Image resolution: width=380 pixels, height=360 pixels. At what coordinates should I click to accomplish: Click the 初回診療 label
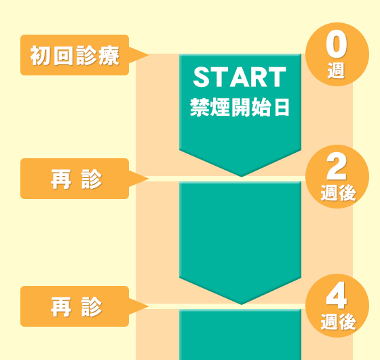click(x=75, y=56)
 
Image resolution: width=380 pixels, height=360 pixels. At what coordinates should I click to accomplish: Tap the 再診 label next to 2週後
click(x=76, y=179)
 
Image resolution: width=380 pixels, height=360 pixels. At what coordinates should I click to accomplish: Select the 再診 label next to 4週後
click(x=76, y=307)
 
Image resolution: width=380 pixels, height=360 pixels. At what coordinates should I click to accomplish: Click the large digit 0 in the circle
click(x=337, y=46)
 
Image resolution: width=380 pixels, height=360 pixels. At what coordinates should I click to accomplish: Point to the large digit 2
click(x=337, y=167)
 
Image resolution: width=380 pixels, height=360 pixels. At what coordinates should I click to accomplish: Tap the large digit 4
click(x=337, y=295)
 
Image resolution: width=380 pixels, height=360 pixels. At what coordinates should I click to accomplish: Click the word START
click(x=240, y=77)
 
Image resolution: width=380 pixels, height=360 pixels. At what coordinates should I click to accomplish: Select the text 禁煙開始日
click(x=240, y=107)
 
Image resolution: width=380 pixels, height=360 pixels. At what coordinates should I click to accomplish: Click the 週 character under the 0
click(x=336, y=71)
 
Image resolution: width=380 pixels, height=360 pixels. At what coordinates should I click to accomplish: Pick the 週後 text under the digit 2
click(x=339, y=193)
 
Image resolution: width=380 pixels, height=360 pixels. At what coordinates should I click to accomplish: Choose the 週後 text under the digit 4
click(x=339, y=322)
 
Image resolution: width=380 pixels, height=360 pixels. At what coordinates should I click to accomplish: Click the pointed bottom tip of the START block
click(x=242, y=177)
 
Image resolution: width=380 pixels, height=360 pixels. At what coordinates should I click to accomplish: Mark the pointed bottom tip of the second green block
click(x=242, y=304)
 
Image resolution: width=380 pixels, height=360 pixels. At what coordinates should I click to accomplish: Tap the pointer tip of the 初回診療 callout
click(x=148, y=55)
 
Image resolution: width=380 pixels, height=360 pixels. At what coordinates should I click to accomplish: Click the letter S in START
click(x=201, y=77)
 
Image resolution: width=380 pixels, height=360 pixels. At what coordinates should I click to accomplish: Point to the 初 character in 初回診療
click(x=40, y=56)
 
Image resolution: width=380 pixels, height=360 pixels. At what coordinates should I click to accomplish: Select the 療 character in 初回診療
click(x=109, y=56)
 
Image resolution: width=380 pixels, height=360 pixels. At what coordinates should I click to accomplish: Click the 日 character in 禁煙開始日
click(x=282, y=107)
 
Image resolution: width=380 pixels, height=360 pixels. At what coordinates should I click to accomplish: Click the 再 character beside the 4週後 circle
click(x=61, y=307)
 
